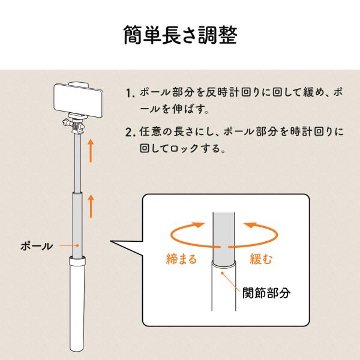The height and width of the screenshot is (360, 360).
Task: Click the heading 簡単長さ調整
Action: pos(180,35)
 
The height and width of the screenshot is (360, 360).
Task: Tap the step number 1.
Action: pos(129,93)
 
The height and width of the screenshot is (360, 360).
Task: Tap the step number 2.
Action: pos(130,133)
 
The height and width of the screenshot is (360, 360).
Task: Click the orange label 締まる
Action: pos(181,259)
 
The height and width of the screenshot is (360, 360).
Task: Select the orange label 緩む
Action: pos(261,259)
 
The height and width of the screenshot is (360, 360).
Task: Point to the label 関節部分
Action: pos(266,293)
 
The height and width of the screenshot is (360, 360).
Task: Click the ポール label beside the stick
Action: pos(37,246)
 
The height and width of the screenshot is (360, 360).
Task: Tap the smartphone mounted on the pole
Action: pos(78,101)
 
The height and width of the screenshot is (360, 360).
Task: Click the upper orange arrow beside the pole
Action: pos(91,151)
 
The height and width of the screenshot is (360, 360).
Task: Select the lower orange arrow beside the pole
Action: pos(91,206)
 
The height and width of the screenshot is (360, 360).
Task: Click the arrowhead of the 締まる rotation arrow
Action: pos(198,224)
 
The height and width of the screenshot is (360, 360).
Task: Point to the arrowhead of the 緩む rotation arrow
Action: pos(250,224)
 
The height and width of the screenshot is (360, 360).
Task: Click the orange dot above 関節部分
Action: pos(222,273)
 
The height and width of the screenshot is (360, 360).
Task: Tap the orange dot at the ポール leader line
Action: pos(77,245)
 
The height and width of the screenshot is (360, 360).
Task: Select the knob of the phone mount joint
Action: pos(65,122)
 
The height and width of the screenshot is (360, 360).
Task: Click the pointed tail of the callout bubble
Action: pos(110,241)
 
